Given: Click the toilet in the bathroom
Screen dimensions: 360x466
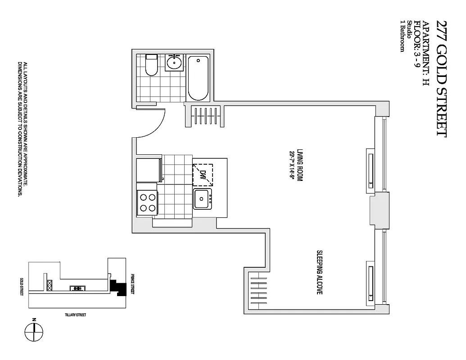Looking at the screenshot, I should (151, 66).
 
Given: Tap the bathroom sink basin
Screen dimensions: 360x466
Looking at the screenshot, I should (174, 62).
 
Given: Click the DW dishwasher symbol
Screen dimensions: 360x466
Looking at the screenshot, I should (203, 175).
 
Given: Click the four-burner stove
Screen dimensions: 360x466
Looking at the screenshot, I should (147, 202).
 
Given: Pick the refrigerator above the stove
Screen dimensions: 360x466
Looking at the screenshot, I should (148, 170).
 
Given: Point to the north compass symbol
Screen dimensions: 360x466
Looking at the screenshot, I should (34, 333).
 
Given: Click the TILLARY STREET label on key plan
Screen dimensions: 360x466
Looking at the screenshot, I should (75, 315).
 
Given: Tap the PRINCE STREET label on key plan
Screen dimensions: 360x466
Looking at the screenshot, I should (133, 284).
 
